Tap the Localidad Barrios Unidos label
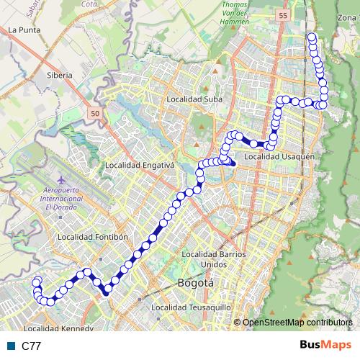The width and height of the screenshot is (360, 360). (215, 258)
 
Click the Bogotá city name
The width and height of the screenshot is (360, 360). (196, 283)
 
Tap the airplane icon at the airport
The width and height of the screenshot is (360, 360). (60, 177)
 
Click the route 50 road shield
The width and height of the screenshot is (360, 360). (96, 113)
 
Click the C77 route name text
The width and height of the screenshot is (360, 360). (31, 346)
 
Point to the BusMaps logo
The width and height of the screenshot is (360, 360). (322, 346)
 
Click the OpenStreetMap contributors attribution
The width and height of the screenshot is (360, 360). (297, 322)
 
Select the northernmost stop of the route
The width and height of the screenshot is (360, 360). (312, 37)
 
